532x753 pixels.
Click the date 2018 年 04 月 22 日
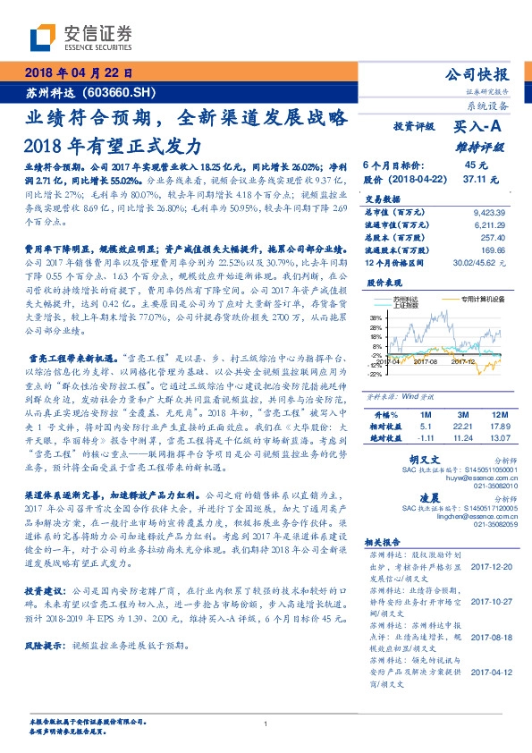coord(80,72)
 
